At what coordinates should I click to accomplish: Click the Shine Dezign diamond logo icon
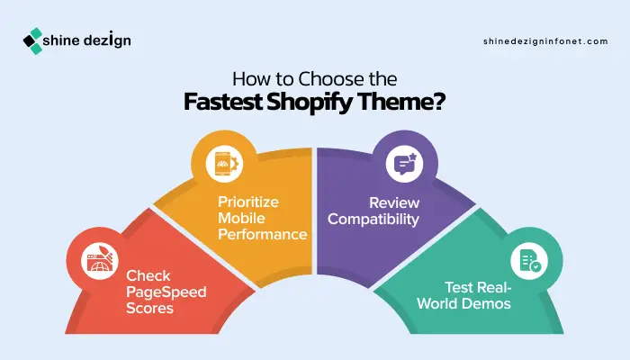[32, 40]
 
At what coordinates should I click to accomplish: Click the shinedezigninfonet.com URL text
[545, 41]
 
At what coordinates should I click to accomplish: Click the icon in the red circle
[96, 261]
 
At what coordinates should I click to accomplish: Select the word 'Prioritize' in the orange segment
[247, 202]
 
